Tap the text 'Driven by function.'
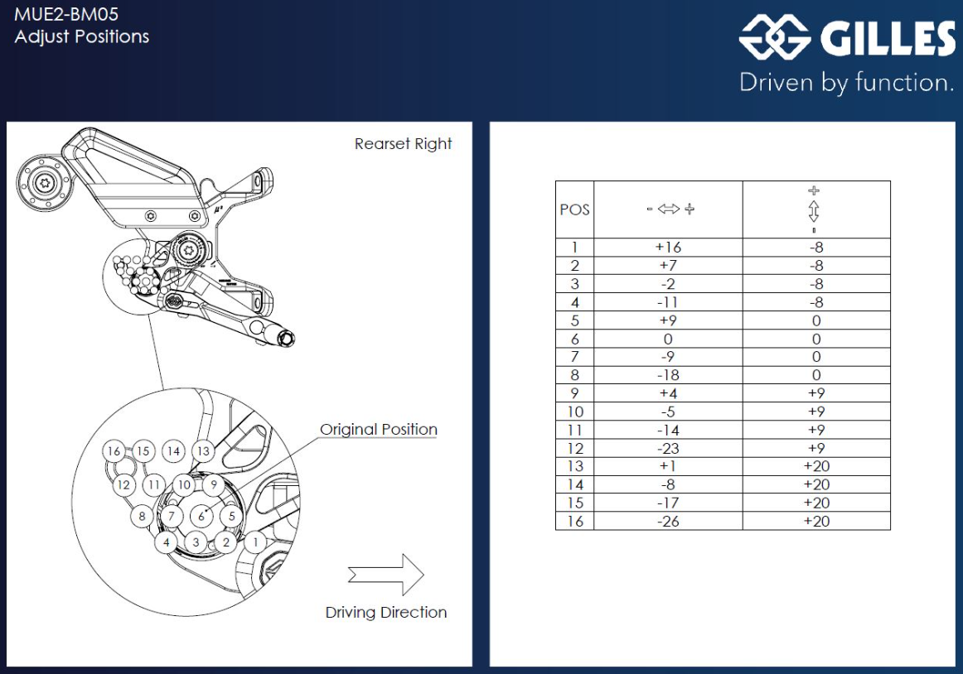(x=846, y=83)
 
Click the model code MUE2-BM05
(x=60, y=14)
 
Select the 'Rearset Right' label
(x=403, y=144)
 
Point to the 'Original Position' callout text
(x=379, y=430)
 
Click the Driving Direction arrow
(x=386, y=575)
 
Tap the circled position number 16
(x=114, y=451)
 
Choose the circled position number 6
(x=201, y=515)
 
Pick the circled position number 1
(x=256, y=542)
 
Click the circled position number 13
(x=203, y=451)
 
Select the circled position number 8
(x=143, y=517)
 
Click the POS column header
(x=574, y=209)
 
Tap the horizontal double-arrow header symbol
(x=669, y=209)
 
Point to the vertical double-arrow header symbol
(x=815, y=209)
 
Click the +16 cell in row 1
(x=668, y=248)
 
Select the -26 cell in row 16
(x=668, y=521)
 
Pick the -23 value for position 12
(x=668, y=448)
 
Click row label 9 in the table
(x=574, y=393)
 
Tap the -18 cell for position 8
(x=668, y=375)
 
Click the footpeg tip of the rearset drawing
(x=287, y=339)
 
